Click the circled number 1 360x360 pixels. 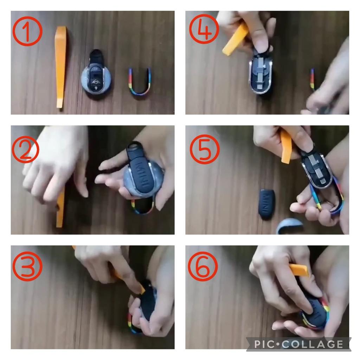tap(27, 31)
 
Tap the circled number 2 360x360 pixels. tap(25, 149)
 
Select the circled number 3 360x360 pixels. tap(27, 266)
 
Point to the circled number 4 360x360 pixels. tap(204, 29)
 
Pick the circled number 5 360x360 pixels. tap(205, 149)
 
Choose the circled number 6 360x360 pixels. tap(203, 266)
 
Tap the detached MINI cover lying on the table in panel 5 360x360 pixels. tap(266, 204)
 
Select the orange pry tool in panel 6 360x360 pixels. tap(298, 269)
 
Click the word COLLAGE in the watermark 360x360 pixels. tap(313, 344)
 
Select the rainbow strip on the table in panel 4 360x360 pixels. tap(312, 78)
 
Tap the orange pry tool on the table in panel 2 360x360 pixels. tap(60, 207)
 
